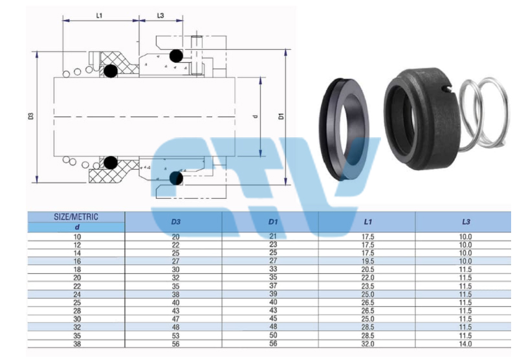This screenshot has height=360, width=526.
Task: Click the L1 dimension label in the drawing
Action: (99, 16)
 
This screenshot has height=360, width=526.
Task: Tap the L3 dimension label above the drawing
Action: (160, 16)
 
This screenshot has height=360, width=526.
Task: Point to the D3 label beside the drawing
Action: (31, 116)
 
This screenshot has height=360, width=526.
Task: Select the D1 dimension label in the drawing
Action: (281, 116)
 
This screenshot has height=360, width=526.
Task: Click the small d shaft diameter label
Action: (256, 117)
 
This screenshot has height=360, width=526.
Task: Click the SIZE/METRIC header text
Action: (76, 217)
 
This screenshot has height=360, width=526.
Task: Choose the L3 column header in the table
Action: (466, 221)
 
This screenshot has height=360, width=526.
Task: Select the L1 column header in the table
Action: (368, 221)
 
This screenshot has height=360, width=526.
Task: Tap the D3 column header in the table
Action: (176, 221)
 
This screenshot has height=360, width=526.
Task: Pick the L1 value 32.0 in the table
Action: (368, 344)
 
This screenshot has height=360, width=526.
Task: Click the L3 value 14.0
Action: (466, 344)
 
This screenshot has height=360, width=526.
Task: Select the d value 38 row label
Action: (77, 344)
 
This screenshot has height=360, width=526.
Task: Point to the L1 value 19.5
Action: (368, 262)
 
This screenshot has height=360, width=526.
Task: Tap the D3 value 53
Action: (176, 335)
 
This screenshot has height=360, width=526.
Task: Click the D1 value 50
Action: (274, 335)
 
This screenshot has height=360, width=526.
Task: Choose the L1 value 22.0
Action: (368, 278)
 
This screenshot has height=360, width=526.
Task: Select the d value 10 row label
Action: (77, 237)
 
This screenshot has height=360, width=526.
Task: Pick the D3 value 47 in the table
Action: (176, 319)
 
